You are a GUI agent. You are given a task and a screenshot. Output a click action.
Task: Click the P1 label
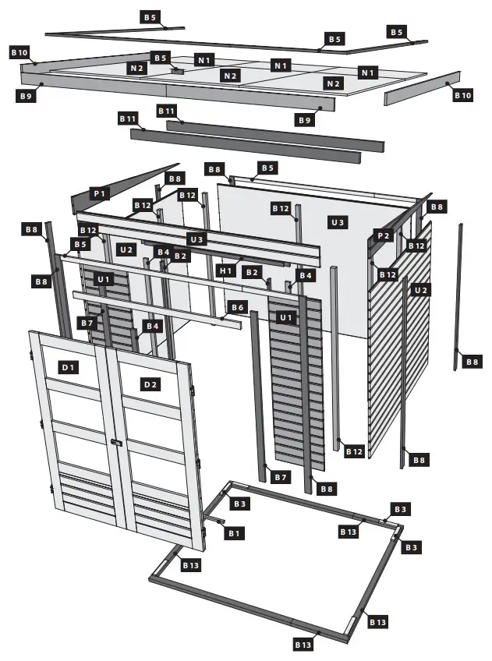101,192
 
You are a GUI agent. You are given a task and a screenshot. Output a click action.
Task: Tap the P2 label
382,235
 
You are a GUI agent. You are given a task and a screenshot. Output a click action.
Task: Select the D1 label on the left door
69,366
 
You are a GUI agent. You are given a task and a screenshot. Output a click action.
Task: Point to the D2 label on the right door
150,384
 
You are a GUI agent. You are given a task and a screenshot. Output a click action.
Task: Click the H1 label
225,270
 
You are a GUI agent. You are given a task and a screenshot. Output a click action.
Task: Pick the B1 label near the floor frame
234,533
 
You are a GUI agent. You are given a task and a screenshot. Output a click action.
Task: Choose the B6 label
238,308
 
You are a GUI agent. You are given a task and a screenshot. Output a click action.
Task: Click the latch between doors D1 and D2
117,443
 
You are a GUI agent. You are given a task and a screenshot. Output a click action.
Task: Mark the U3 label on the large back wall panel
338,222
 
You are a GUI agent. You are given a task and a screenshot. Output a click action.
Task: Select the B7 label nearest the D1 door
87,323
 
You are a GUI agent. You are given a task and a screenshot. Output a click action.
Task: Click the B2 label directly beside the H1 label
251,272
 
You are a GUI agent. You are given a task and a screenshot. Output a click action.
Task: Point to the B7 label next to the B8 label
281,476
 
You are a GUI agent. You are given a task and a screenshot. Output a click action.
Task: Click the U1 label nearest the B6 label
286,317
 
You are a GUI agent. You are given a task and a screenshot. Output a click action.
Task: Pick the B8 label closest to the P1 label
175,179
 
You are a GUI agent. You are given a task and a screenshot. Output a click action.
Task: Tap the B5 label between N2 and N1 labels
160,58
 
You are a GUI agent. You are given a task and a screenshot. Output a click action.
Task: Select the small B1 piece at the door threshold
214,520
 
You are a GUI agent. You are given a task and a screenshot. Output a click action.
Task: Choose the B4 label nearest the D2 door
151,326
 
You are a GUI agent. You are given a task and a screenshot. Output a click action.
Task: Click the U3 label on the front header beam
197,239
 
